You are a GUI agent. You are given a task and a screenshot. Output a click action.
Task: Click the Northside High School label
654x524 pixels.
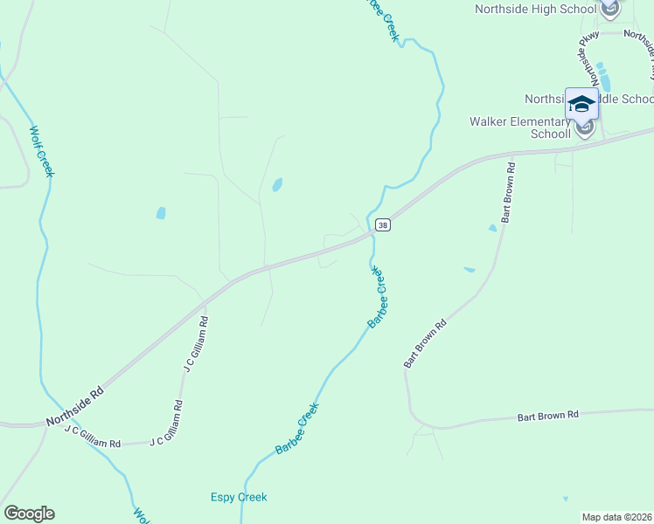[534, 9]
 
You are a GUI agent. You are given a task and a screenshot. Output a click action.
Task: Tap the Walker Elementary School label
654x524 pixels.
[519, 128]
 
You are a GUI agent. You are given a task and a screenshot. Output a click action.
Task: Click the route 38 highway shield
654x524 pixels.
[382, 225]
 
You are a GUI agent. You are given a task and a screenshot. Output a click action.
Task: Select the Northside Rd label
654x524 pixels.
[75, 407]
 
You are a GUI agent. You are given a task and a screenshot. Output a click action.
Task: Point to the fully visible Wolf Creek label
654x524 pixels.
[41, 152]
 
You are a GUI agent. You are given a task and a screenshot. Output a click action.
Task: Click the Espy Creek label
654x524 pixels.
[239, 498]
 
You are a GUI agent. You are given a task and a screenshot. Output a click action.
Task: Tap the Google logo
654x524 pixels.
[29, 514]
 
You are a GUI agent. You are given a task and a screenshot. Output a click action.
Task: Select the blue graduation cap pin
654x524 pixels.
[581, 104]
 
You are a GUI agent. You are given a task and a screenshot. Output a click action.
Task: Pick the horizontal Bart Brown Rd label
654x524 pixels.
[547, 416]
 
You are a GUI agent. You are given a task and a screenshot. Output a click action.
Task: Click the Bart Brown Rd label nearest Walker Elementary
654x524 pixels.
[506, 191]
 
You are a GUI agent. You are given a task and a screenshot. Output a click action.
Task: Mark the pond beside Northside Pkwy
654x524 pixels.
[603, 77]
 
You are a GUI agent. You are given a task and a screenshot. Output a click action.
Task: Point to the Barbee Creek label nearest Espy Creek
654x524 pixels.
[297, 427]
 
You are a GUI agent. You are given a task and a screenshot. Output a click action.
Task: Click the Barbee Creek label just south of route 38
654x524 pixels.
[377, 298]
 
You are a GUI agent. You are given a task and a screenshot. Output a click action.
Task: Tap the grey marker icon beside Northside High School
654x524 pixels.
[609, 10]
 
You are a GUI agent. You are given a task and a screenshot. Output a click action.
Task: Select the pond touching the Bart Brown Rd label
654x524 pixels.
[493, 228]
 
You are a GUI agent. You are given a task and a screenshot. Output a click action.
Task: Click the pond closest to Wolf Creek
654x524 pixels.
[161, 212]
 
